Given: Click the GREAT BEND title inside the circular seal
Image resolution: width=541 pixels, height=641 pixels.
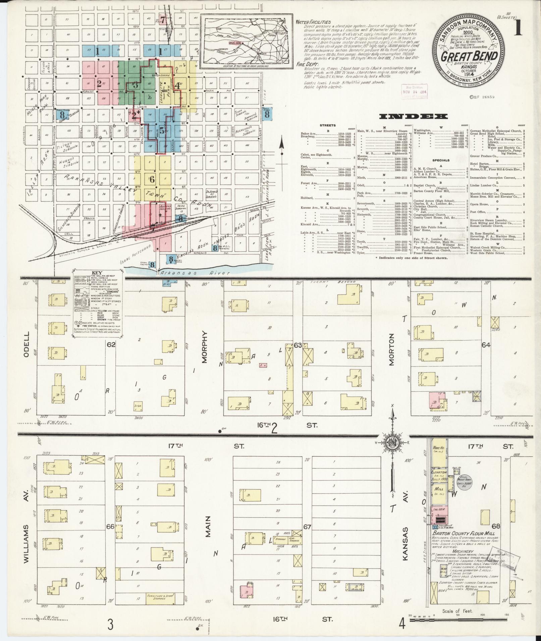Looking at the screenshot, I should tap(469, 56).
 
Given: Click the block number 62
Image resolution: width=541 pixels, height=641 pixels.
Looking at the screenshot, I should tap(111, 344).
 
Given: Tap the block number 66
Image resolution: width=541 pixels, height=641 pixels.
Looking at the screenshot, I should tap(110, 527).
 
